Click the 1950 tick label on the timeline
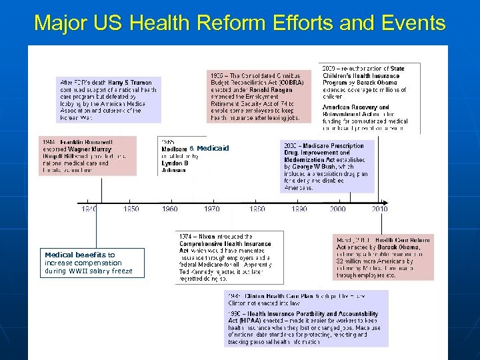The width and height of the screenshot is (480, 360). [131, 209]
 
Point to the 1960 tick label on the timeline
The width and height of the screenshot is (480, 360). [170, 209]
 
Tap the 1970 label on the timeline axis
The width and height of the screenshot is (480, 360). [211, 209]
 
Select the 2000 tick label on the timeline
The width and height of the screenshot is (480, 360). [338, 209]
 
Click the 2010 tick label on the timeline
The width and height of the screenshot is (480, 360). [379, 209]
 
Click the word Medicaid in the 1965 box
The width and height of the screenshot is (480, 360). [213, 148]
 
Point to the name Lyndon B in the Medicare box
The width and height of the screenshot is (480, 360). [175, 163]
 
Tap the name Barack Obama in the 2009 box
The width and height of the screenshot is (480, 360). [385, 83]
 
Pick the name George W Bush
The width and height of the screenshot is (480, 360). [313, 167]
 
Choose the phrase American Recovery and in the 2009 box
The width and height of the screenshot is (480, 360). [356, 107]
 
